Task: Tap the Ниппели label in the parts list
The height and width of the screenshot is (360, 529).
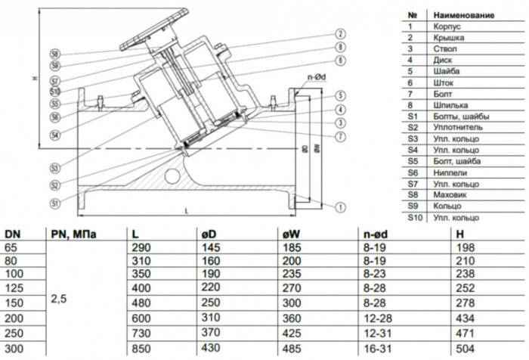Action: (447, 172)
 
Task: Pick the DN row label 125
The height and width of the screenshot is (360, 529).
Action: (14, 288)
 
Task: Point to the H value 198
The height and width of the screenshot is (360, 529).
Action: (467, 247)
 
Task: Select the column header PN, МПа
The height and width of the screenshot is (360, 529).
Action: (74, 234)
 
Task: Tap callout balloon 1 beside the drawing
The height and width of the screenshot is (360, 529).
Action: (341, 206)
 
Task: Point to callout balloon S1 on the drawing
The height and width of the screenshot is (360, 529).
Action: (55, 203)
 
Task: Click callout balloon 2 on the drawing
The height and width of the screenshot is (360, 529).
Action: (341, 34)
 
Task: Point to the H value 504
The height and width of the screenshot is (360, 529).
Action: (467, 349)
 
